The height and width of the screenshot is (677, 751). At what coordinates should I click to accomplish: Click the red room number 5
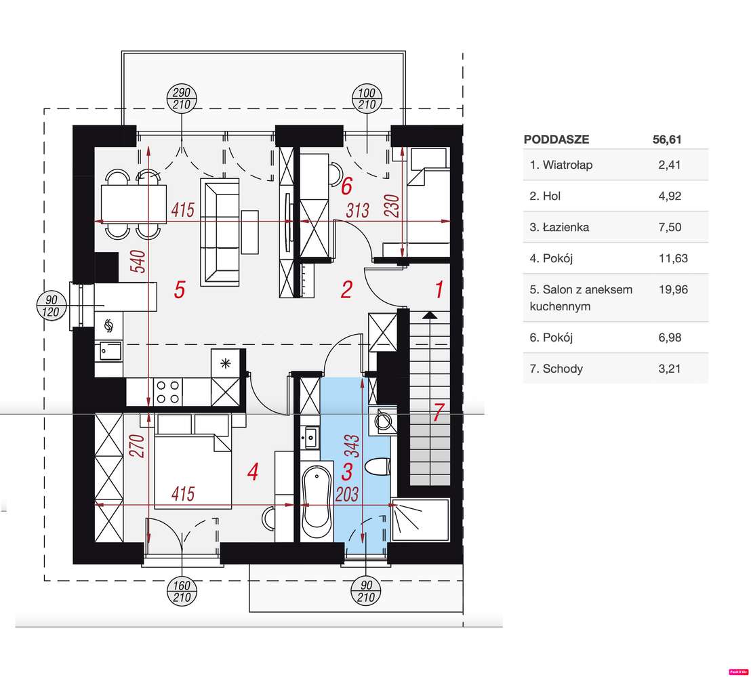click(x=180, y=289)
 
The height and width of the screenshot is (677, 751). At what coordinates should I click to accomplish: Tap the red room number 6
click(x=347, y=186)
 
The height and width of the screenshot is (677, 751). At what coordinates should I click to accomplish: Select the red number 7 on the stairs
click(x=439, y=412)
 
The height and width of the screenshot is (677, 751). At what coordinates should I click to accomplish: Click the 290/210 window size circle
click(x=182, y=99)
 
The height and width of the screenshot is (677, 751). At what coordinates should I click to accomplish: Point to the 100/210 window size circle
click(x=367, y=99)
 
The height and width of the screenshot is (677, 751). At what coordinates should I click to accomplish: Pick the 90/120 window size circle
click(x=52, y=306)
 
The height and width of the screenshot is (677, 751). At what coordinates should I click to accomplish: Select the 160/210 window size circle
click(x=182, y=592)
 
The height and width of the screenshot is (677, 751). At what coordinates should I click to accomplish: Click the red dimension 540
click(x=138, y=262)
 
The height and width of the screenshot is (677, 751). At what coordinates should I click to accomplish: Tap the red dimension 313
click(x=358, y=210)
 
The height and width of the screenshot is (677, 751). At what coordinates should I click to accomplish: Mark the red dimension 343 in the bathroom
click(x=353, y=446)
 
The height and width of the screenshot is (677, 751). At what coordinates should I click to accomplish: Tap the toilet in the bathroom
click(x=378, y=467)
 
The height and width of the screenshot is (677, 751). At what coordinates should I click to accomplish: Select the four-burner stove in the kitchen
click(x=168, y=392)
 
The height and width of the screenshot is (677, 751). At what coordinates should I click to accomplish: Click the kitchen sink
click(x=110, y=352)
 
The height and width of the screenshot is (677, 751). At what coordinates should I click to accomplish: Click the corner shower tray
click(x=420, y=520)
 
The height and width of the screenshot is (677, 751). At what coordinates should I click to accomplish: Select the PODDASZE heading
click(x=556, y=140)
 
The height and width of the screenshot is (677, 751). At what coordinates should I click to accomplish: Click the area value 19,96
click(x=673, y=289)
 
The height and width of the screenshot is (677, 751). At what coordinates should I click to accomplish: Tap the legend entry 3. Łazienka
click(x=559, y=227)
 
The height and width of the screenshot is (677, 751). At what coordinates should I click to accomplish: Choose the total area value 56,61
click(x=667, y=140)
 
